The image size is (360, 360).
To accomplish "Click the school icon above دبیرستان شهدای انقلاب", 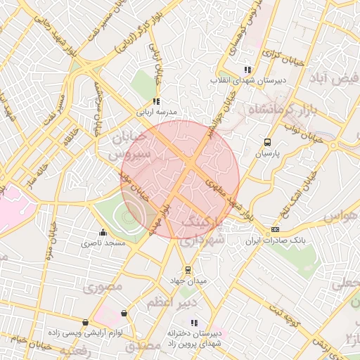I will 247,70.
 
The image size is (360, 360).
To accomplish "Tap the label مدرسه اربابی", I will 159,111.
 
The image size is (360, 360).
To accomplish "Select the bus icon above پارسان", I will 266,142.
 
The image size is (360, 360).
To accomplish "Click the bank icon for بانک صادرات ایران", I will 275,229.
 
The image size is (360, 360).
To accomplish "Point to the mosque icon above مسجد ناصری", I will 103,233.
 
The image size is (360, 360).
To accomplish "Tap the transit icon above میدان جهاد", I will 188,270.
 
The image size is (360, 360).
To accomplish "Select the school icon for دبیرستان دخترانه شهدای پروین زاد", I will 194,322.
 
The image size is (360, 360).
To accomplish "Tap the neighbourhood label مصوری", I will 103,286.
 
